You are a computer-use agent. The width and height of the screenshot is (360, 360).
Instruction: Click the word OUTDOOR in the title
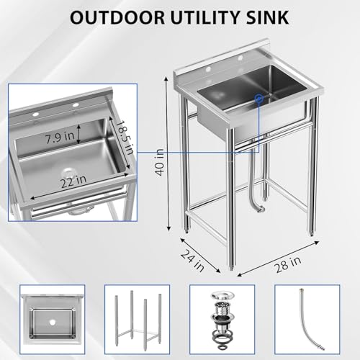click(x=118, y=17)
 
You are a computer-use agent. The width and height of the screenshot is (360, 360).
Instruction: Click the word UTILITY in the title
click(x=205, y=17)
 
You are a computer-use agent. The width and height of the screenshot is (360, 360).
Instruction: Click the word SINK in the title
click(x=267, y=17)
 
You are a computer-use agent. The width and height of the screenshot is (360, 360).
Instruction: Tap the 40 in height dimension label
click(x=160, y=163)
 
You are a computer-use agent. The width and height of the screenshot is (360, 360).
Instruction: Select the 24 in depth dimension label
click(x=192, y=261)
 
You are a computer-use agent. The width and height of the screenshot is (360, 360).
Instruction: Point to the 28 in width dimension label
click(x=288, y=264)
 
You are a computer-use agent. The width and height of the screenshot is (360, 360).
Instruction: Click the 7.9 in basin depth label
click(x=60, y=138)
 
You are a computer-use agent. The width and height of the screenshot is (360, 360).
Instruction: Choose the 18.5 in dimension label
click(x=124, y=138)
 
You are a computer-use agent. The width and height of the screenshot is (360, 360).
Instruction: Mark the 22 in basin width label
click(x=73, y=181)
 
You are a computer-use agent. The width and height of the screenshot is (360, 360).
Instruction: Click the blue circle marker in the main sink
click(x=259, y=98)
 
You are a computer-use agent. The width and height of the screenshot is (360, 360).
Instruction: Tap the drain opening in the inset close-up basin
click(x=68, y=173)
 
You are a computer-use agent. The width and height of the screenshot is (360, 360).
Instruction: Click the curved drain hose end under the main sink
click(x=261, y=210)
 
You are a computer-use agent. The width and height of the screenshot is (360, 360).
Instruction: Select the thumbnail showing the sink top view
click(x=53, y=320)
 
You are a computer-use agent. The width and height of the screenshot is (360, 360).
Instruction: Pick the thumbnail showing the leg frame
click(x=138, y=320)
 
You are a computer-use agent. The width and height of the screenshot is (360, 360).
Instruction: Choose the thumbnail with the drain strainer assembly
click(x=222, y=320)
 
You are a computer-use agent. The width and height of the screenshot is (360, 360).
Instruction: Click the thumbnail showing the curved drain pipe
click(x=307, y=320)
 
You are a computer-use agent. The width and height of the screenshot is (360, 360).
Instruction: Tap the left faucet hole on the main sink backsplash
click(x=208, y=69)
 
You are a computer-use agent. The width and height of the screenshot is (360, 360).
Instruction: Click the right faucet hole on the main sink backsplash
click(x=240, y=58)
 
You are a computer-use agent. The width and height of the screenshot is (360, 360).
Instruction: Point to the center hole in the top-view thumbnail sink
click(x=52, y=323)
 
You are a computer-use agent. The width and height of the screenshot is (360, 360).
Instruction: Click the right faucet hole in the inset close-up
click(x=76, y=105)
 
